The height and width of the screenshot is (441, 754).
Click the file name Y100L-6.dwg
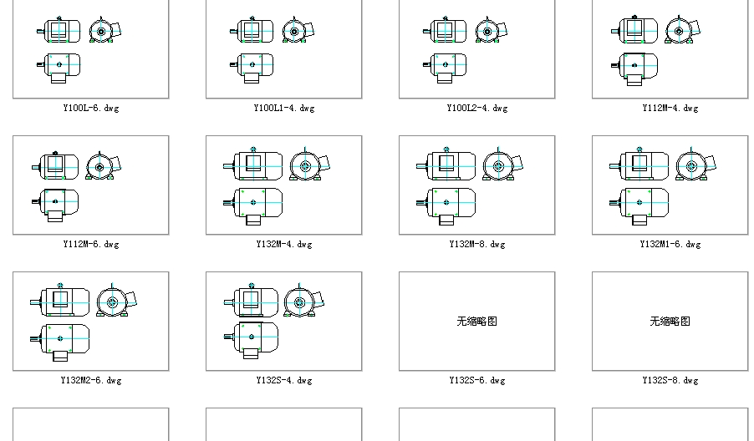click(90, 108)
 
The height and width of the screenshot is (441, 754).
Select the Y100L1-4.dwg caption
click(283, 108)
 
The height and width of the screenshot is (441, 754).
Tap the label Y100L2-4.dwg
click(476, 108)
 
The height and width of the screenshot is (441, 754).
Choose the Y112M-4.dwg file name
click(670, 108)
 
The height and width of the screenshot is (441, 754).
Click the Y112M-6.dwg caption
click(90, 244)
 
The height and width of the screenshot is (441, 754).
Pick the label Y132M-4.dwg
click(283, 244)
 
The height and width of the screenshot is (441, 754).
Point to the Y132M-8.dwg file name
click(476, 244)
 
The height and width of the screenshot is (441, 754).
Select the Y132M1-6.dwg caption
click(670, 244)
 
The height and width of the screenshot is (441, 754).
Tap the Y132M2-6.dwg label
click(90, 380)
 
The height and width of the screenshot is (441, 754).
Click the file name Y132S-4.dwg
click(283, 380)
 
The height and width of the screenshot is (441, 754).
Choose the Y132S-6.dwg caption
click(476, 380)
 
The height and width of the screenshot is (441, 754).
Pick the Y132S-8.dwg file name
click(670, 380)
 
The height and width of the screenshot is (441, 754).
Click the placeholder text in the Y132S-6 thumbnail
click(476, 321)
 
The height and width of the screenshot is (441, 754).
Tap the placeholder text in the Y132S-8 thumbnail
click(670, 321)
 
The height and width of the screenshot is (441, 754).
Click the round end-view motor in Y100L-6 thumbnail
click(102, 32)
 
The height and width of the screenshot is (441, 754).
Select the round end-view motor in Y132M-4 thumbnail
click(304, 166)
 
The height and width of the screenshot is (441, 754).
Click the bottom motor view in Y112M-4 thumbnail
click(638, 67)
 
